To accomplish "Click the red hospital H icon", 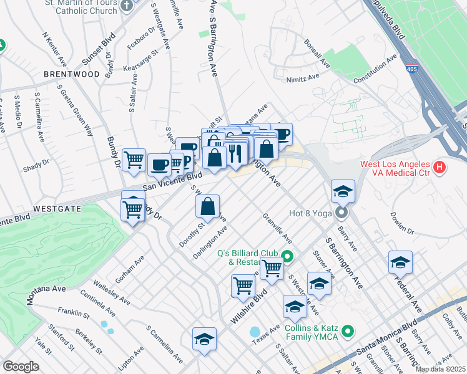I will point(440,167).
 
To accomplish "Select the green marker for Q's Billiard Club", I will point(287,256).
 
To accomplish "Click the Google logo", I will point(21,366).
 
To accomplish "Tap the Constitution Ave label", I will point(375,72).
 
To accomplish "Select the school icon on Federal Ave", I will point(400,262).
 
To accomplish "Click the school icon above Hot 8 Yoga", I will point(343,192).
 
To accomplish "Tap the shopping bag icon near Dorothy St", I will point(207,207).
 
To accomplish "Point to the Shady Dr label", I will point(36,164).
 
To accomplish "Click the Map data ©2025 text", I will point(440,369).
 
